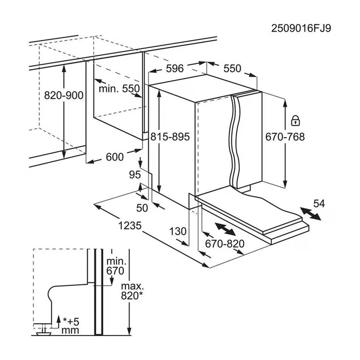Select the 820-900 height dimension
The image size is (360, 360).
click(x=64, y=95)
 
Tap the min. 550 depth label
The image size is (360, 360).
click(x=119, y=89)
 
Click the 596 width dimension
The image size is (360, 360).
click(x=175, y=69)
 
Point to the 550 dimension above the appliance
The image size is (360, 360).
click(x=232, y=69)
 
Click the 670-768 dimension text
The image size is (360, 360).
click(x=285, y=136)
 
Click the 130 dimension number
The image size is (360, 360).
click(x=178, y=231)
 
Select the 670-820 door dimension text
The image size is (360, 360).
click(x=225, y=243)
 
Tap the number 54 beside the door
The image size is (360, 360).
click(x=319, y=204)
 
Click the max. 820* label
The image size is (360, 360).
click(x=132, y=291)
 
